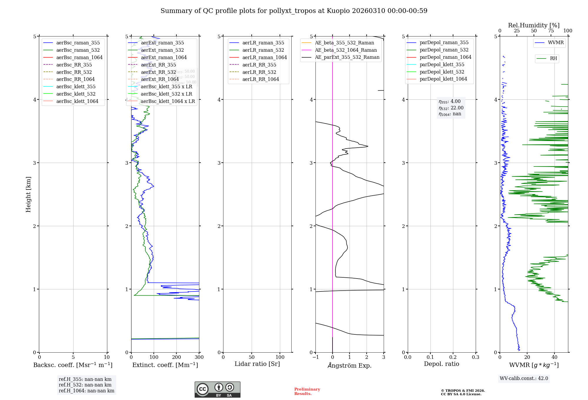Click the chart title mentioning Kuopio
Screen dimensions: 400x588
click(x=294, y=11)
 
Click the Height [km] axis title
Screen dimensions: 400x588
click(x=28, y=194)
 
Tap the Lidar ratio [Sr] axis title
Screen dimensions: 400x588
click(x=257, y=364)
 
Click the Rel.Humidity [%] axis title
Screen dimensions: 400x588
click(x=534, y=25)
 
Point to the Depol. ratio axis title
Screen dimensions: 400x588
click(x=441, y=364)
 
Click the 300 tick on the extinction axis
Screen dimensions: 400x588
click(x=199, y=357)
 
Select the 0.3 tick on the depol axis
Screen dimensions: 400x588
click(x=475, y=357)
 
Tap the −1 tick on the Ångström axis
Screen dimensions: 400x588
click(x=315, y=357)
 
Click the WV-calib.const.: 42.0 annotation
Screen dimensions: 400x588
click(x=524, y=379)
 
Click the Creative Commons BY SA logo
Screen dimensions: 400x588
click(x=217, y=390)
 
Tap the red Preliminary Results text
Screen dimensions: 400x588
click(x=307, y=391)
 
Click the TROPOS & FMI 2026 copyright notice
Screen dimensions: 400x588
click(x=463, y=392)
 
